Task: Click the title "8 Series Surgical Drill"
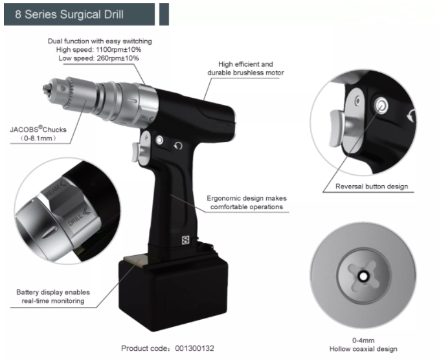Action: point(69,14)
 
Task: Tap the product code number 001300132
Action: point(195,348)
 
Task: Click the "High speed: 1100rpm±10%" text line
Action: point(98,50)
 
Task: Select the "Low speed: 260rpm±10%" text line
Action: point(98,58)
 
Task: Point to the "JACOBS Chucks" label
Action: point(38,129)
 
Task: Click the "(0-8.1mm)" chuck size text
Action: point(38,138)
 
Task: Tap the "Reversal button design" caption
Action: point(372,186)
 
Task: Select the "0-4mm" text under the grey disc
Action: point(363,341)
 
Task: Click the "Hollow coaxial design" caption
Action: point(363,349)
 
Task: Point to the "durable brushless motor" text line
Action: point(245,73)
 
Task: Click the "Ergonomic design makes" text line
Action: point(247,198)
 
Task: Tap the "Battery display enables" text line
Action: point(53,292)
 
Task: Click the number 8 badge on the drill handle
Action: point(186,240)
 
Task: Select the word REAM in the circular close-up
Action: point(52,190)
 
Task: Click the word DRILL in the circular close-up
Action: point(75,220)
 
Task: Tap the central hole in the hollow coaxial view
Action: point(363,276)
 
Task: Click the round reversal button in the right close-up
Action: point(381,106)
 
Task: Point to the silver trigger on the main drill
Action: point(135,152)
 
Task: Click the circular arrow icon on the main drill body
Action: point(178,146)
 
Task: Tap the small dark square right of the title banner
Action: point(164,14)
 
